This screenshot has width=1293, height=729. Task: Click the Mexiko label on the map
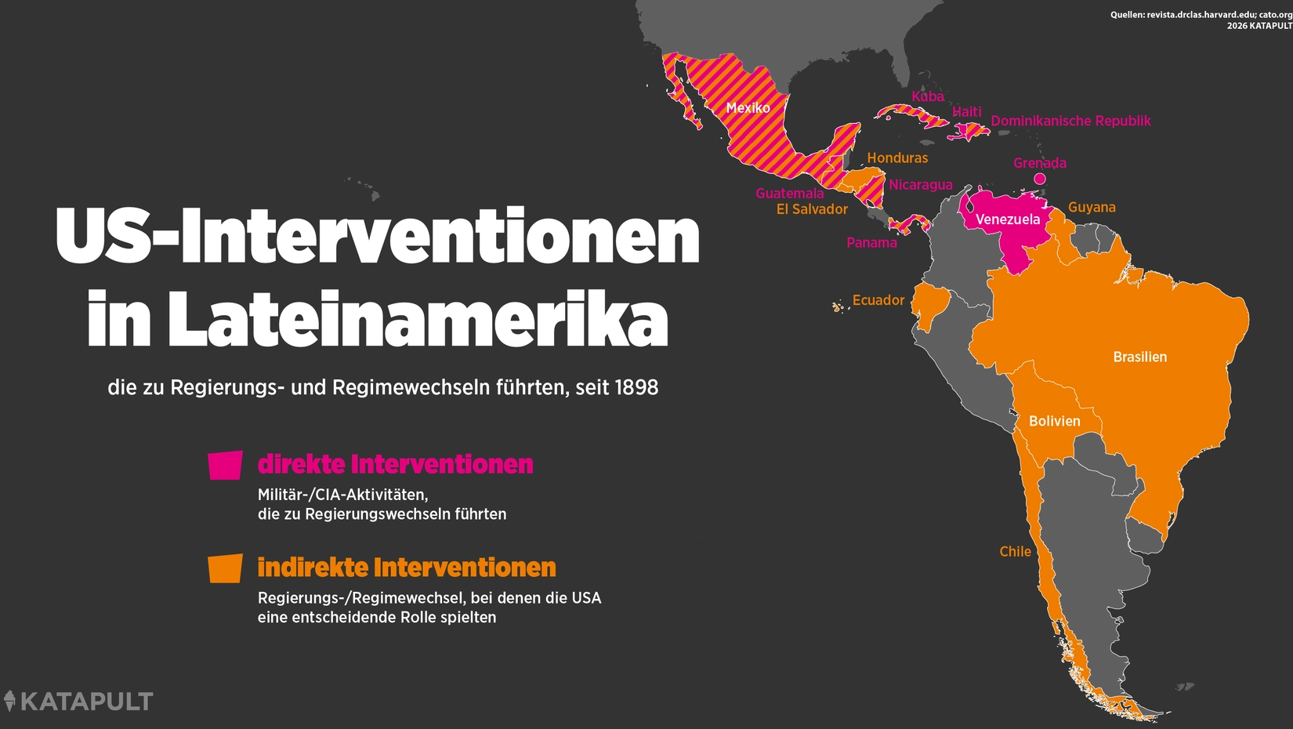(x=748, y=108)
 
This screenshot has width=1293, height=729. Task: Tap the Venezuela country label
(x=1008, y=219)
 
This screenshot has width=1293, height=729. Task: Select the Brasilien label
(x=1139, y=357)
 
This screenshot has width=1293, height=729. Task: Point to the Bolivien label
(x=1054, y=421)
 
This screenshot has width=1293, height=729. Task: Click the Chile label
(x=1015, y=552)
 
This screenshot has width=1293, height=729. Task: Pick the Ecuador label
(x=878, y=300)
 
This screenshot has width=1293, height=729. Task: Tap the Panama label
(x=871, y=243)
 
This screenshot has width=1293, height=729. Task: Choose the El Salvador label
(x=812, y=209)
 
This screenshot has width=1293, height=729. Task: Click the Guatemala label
(x=789, y=194)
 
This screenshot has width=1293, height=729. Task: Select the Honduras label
(x=897, y=158)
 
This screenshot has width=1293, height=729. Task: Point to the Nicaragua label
(x=920, y=185)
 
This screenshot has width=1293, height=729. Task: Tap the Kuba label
(x=927, y=96)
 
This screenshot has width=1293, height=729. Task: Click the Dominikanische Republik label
(x=1070, y=121)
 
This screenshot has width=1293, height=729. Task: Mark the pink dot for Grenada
(x=1040, y=179)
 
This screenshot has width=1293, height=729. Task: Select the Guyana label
(x=1092, y=208)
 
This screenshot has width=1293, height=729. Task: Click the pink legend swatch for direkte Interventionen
(x=225, y=465)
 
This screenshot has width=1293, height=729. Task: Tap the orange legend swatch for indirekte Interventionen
(x=225, y=568)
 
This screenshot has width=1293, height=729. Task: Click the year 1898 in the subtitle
(x=636, y=387)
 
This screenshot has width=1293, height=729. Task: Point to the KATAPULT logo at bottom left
(x=78, y=701)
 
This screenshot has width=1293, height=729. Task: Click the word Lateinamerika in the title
(x=418, y=319)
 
